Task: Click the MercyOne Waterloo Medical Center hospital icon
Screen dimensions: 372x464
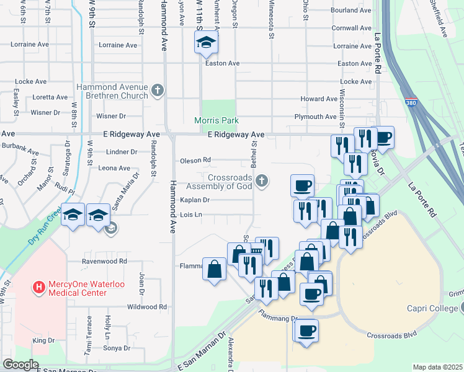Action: click(x=39, y=288)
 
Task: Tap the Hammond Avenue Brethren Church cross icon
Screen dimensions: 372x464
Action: click(x=158, y=91)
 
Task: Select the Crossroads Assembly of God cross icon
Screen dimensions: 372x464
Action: click(x=262, y=181)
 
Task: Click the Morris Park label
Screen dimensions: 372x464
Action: click(x=216, y=120)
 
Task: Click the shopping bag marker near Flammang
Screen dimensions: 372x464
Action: click(x=215, y=270)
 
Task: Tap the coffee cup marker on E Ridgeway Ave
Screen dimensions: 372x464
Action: click(x=383, y=138)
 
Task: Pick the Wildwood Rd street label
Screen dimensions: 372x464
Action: click(x=147, y=307)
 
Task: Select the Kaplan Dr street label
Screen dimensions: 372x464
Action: click(x=195, y=200)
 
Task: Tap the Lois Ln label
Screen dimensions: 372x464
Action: click(x=191, y=215)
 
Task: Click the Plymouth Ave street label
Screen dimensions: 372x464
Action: click(x=315, y=117)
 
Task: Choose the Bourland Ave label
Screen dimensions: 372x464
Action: click(x=351, y=11)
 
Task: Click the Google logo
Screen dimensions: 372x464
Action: click(x=21, y=365)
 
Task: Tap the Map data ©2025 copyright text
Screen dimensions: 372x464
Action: click(x=438, y=367)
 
